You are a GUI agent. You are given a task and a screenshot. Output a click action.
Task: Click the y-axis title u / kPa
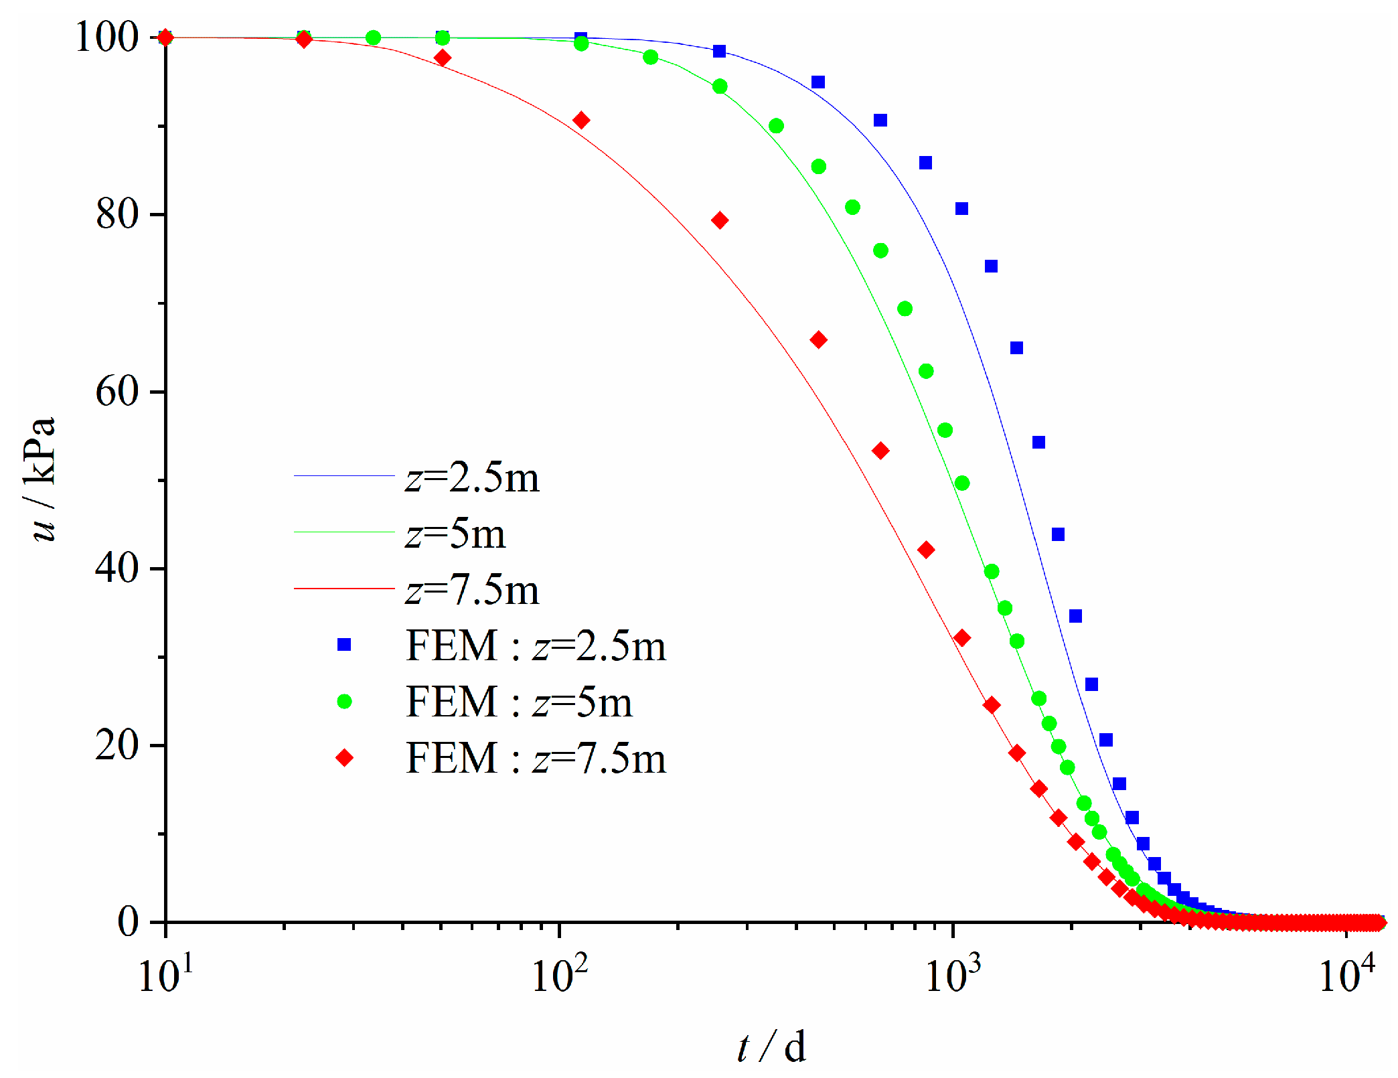pos(43,479)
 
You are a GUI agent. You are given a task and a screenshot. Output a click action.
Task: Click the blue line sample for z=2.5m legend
pos(344,476)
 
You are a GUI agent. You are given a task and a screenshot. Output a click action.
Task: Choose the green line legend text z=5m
pos(455,534)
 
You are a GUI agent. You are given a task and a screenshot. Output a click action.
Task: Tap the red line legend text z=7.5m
pos(472,591)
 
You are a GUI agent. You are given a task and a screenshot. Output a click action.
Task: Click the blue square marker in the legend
pos(344,645)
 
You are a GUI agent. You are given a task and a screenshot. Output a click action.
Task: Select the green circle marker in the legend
pos(344,702)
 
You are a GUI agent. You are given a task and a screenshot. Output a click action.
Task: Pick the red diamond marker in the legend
pos(344,758)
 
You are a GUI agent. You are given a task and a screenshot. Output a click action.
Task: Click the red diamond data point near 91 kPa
pos(581,121)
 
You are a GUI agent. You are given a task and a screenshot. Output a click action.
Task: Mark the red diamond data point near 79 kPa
pos(720,220)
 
